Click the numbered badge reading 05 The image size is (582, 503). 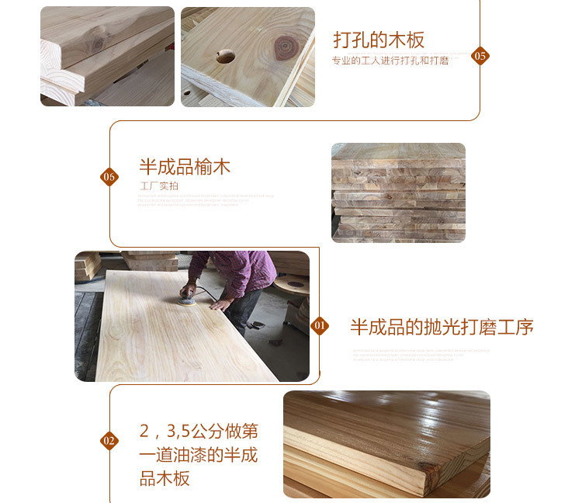tap(480, 56)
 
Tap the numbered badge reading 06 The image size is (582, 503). tap(109, 177)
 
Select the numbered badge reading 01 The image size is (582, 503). tap(320, 326)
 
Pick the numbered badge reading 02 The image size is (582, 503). tap(109, 441)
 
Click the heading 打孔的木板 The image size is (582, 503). tap(379, 40)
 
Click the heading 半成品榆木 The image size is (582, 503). tap(185, 167)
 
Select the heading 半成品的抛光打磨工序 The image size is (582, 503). tap(442, 327)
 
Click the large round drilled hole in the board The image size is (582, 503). tap(227, 56)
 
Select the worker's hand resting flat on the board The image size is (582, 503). tap(221, 304)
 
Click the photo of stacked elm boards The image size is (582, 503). tap(398, 193)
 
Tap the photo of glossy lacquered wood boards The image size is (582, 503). tap(386, 443)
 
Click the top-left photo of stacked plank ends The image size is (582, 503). tap(107, 56)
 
